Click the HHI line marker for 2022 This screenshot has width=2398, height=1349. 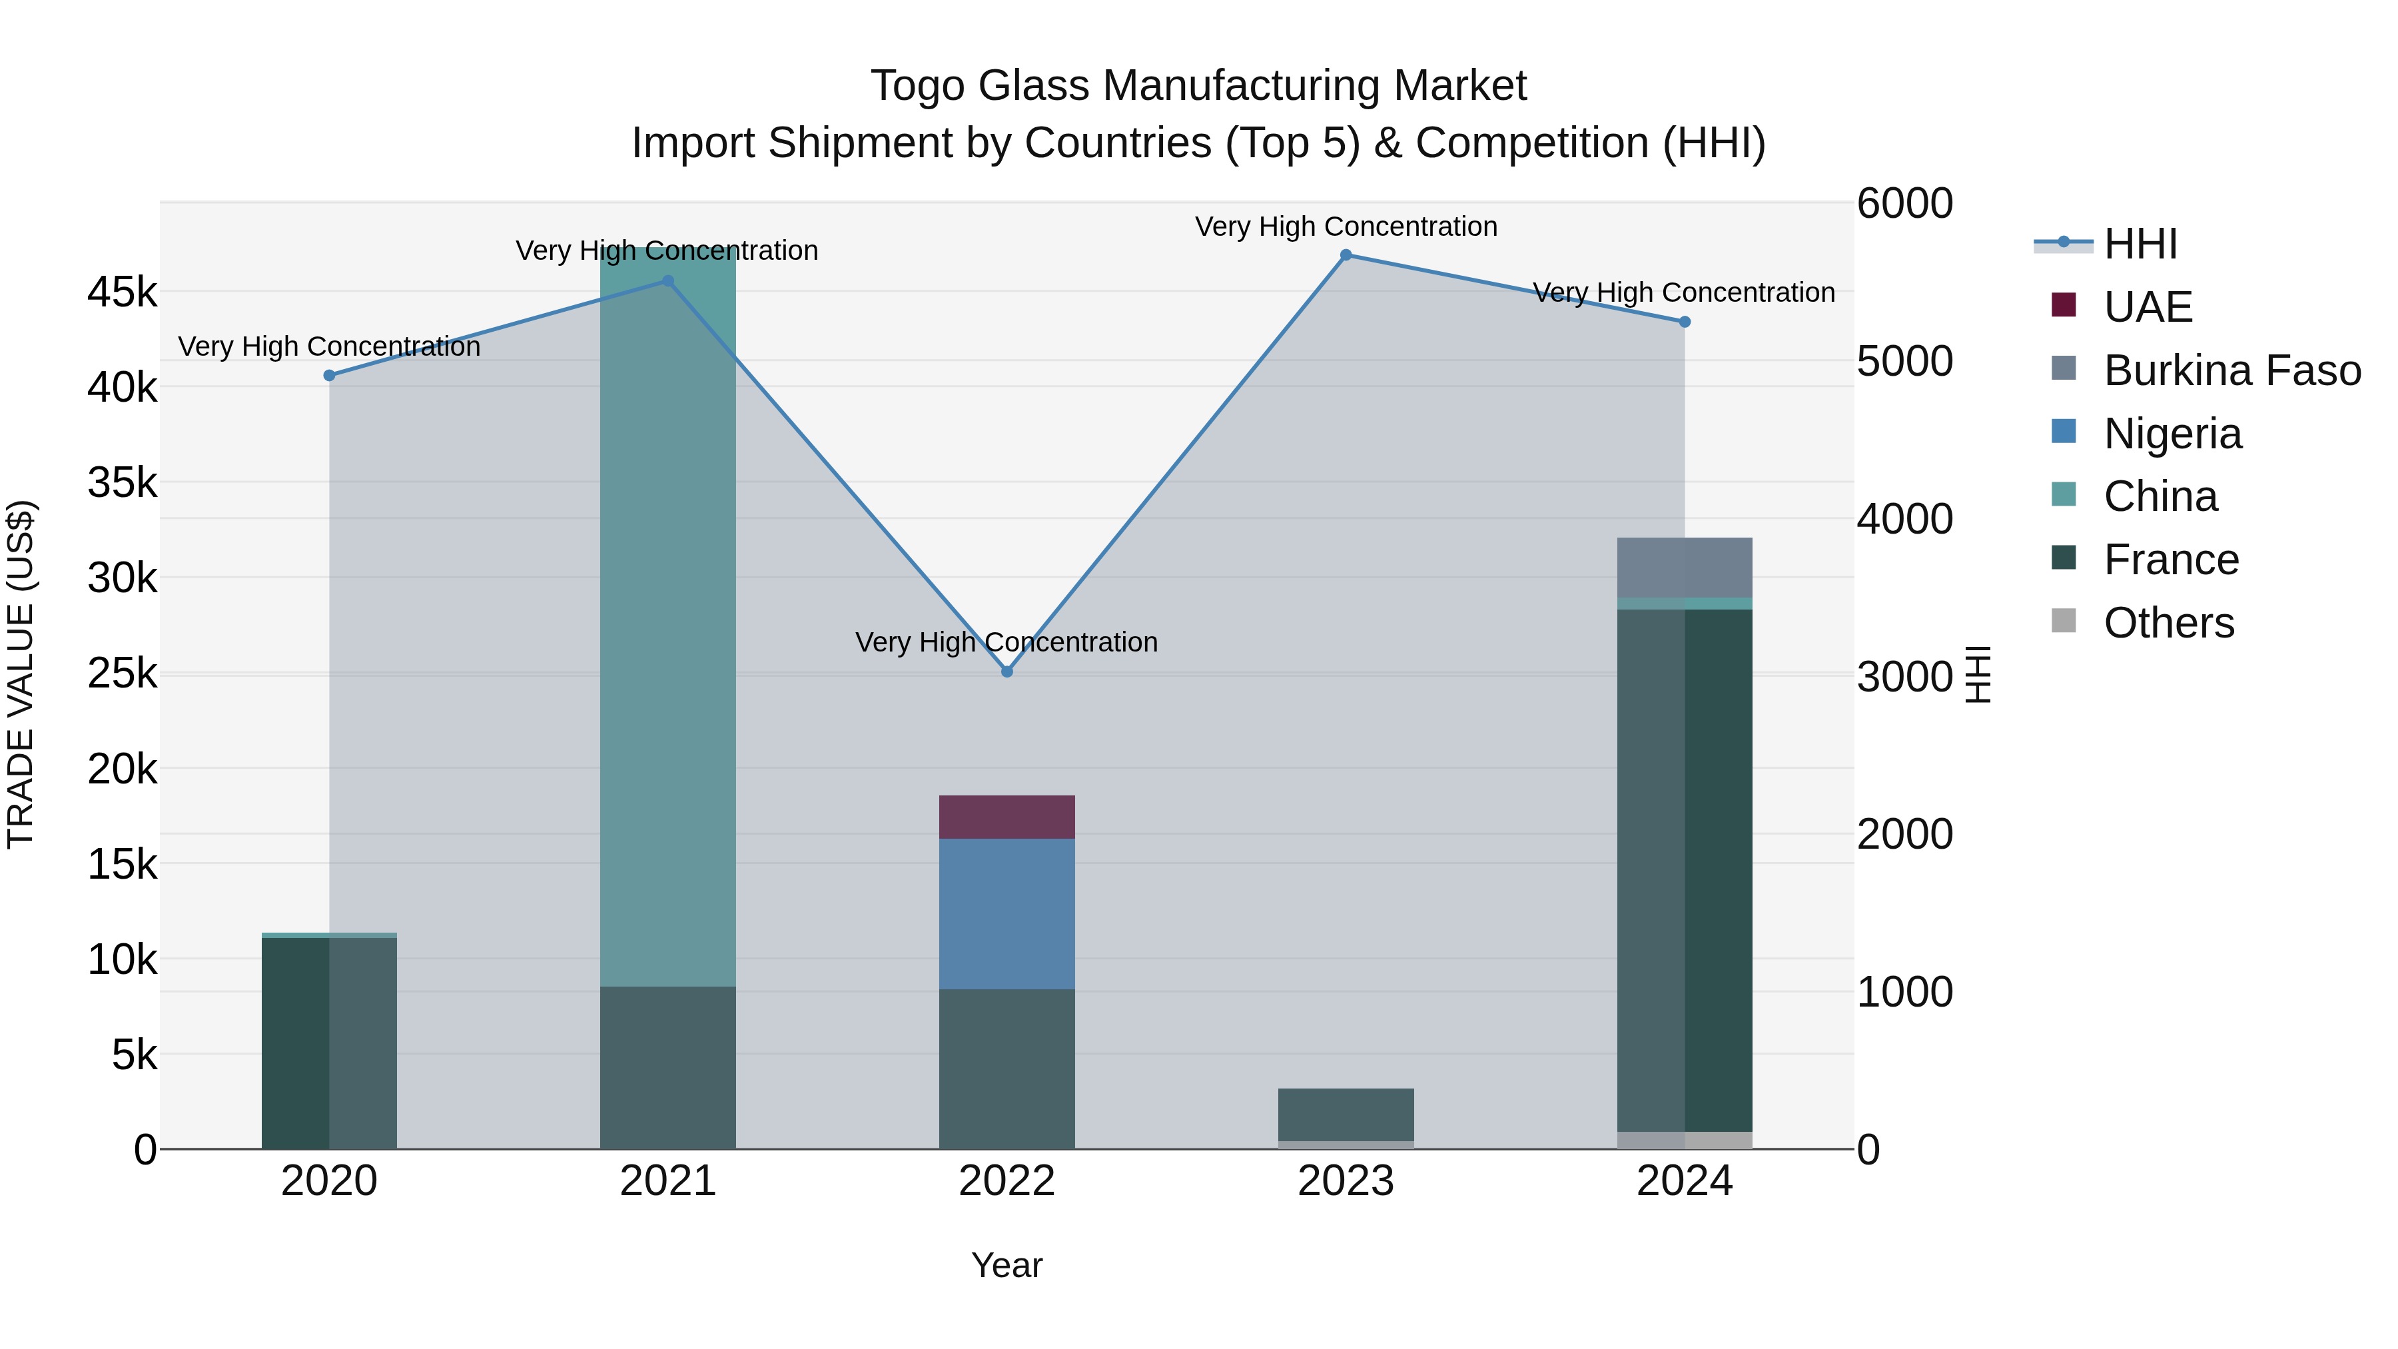[1006, 672]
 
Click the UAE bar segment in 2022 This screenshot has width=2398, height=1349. [1006, 817]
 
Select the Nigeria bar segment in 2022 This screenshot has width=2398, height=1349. [1006, 913]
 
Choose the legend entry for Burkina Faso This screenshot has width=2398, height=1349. [2231, 370]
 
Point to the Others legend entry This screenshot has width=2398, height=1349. [2168, 623]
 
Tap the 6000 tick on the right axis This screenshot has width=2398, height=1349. [1904, 204]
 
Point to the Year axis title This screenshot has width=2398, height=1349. [1006, 1265]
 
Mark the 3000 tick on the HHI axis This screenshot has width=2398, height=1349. [1904, 677]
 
